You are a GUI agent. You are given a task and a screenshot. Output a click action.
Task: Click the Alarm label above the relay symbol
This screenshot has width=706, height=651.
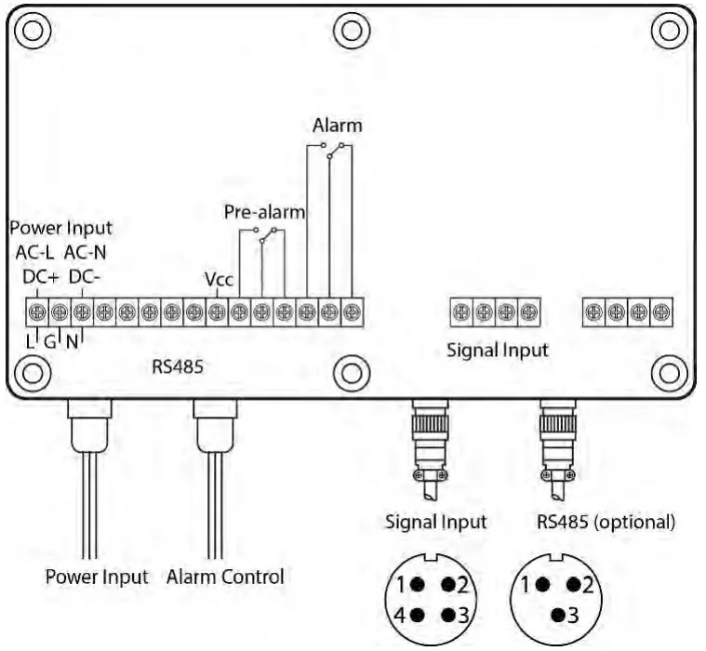pyautogui.click(x=337, y=126)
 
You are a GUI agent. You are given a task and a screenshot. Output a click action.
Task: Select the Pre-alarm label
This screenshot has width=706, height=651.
pyautogui.click(x=264, y=211)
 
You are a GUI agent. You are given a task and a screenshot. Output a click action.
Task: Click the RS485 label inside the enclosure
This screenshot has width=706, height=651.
pyautogui.click(x=177, y=366)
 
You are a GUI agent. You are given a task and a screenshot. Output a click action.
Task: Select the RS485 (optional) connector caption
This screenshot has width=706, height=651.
pyautogui.click(x=606, y=522)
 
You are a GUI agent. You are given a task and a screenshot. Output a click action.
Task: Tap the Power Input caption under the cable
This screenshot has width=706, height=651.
pyautogui.click(x=97, y=577)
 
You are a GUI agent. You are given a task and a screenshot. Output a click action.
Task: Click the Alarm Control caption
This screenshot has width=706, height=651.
pyautogui.click(x=225, y=577)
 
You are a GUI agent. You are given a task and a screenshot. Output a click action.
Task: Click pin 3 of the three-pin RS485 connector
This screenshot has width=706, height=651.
pyautogui.click(x=565, y=615)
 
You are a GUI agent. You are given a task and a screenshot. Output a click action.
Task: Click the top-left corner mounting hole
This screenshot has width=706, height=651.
pyautogui.click(x=33, y=30)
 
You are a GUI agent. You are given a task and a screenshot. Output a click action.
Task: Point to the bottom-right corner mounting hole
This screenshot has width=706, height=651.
pyautogui.click(x=669, y=372)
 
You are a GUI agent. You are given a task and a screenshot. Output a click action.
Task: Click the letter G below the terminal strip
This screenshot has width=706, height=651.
pyautogui.click(x=49, y=341)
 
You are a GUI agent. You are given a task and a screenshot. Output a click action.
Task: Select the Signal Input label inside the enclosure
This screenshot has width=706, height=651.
pyautogui.click(x=496, y=352)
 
